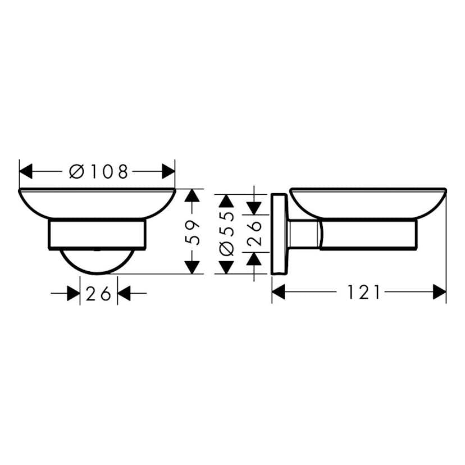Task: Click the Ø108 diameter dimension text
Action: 99,171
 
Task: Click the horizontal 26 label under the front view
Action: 98,293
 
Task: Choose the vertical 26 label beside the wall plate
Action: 254,233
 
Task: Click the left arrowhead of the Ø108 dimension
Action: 26,171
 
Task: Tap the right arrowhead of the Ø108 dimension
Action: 168,171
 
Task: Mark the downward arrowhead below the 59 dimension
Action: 193,267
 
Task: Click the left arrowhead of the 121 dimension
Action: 279,292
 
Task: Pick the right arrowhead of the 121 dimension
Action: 439,292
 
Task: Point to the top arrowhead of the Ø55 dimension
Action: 226,201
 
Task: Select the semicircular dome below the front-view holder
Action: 98,262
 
